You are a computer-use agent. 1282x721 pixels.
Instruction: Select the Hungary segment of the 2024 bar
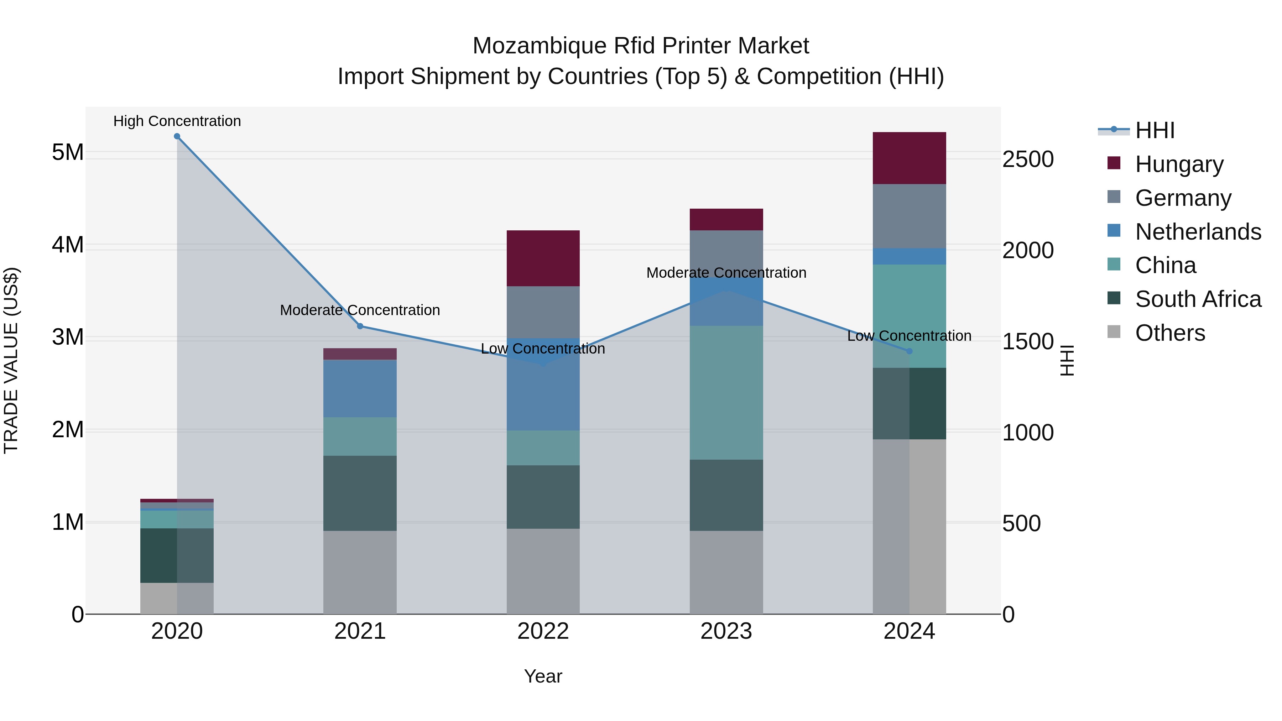click(909, 158)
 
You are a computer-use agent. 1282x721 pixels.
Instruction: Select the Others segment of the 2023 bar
click(726, 572)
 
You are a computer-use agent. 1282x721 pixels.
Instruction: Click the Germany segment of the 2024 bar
click(909, 216)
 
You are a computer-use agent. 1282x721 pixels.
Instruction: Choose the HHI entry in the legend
click(1155, 130)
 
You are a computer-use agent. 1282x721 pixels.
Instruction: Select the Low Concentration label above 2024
click(909, 336)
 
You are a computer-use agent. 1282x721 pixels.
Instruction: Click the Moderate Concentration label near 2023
click(726, 273)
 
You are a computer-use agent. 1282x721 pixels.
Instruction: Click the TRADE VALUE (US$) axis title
click(11, 360)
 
